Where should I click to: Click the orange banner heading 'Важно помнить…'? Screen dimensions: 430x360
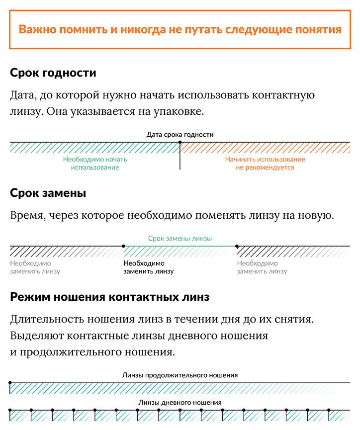pos(180,29)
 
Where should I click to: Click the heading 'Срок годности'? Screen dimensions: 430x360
pos(53,73)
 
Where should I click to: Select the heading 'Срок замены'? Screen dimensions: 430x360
pos(48,193)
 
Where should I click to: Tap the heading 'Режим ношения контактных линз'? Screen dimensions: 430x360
pos(109,297)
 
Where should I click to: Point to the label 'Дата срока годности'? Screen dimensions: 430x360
pos(180,134)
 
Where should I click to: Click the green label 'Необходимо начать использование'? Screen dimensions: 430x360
pos(95,164)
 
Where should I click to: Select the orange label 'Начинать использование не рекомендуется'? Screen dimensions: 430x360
pos(265,164)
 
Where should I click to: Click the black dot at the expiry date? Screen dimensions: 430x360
pos(180,143)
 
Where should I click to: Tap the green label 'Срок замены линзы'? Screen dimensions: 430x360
pos(180,238)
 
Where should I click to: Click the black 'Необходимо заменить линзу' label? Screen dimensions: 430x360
pos(149,267)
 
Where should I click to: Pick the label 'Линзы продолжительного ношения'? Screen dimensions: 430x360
pos(180,375)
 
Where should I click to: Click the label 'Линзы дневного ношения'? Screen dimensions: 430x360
pos(180,402)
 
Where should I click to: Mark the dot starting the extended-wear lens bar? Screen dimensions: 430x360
pos(10,383)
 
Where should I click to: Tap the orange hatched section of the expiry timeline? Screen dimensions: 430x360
pos(265,148)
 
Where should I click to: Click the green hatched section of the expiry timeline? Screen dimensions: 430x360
pos(95,148)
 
